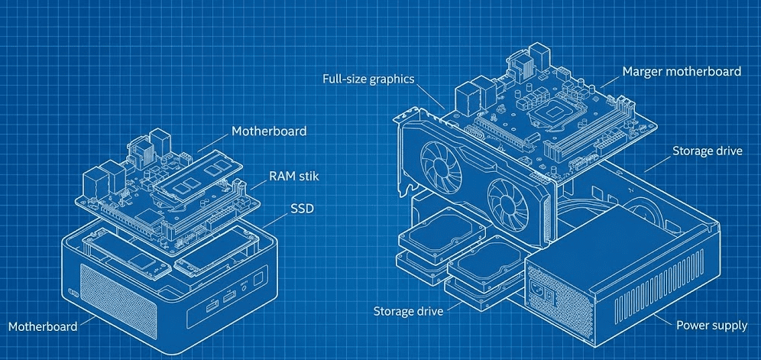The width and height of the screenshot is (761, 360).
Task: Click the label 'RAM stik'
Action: pyautogui.click(x=293, y=177)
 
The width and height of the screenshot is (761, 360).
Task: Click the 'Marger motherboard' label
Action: pyautogui.click(x=682, y=71)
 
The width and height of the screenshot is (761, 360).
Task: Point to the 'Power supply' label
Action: pyautogui.click(x=711, y=326)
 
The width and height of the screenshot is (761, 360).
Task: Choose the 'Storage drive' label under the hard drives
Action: pyautogui.click(x=409, y=311)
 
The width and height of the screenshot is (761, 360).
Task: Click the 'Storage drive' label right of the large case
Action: pyautogui.click(x=707, y=151)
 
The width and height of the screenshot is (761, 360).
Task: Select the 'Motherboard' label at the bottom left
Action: pyautogui.click(x=43, y=326)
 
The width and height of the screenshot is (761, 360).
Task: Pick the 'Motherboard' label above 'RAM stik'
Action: pyautogui.click(x=268, y=131)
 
